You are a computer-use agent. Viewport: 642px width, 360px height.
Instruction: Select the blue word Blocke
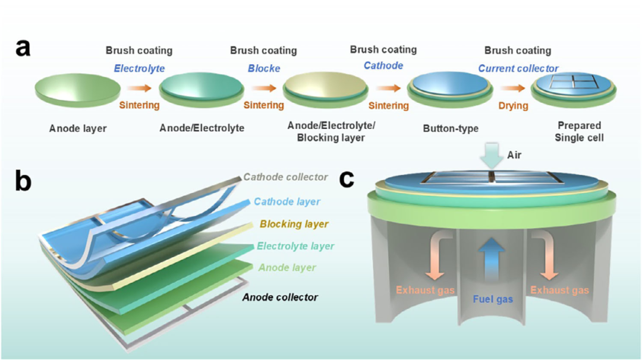tap(263, 68)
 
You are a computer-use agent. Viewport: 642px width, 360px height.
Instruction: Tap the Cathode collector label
tap(286, 177)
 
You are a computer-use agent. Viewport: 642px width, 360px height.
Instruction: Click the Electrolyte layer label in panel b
tap(295, 246)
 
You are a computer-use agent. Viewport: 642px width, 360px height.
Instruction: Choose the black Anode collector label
tap(281, 297)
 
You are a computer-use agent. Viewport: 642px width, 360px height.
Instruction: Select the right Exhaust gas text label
tap(560, 290)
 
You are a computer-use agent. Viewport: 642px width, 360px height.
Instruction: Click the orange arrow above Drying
tap(513, 89)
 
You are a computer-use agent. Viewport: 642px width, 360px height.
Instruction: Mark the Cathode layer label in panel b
tap(287, 202)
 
